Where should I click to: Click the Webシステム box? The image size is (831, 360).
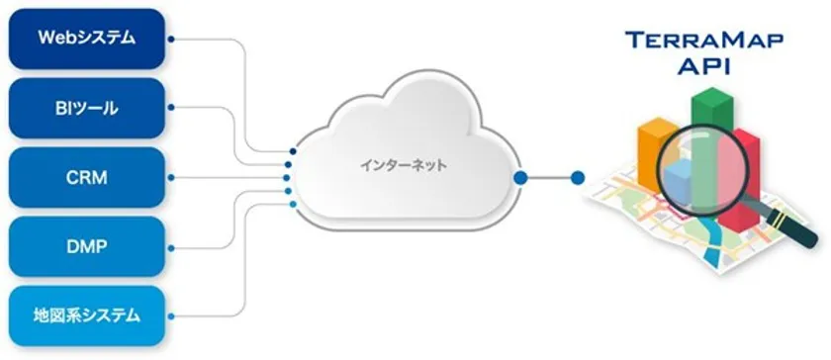point(86,39)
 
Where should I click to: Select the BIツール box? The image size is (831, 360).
point(86,108)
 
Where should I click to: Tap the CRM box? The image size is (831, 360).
point(86,178)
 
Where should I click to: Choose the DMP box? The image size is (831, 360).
point(86,247)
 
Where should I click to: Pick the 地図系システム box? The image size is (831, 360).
point(86,316)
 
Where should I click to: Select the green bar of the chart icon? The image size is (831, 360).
point(709,119)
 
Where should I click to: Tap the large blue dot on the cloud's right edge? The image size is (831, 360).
point(519,178)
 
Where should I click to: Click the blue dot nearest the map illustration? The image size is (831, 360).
point(578,178)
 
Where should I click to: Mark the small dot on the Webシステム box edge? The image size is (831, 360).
point(171,40)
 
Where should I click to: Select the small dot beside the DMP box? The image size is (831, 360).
point(171,247)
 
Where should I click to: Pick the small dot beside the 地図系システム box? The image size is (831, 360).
point(171,316)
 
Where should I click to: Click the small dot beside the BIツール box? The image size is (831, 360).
point(171,109)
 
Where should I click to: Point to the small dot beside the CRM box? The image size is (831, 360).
point(171,178)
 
